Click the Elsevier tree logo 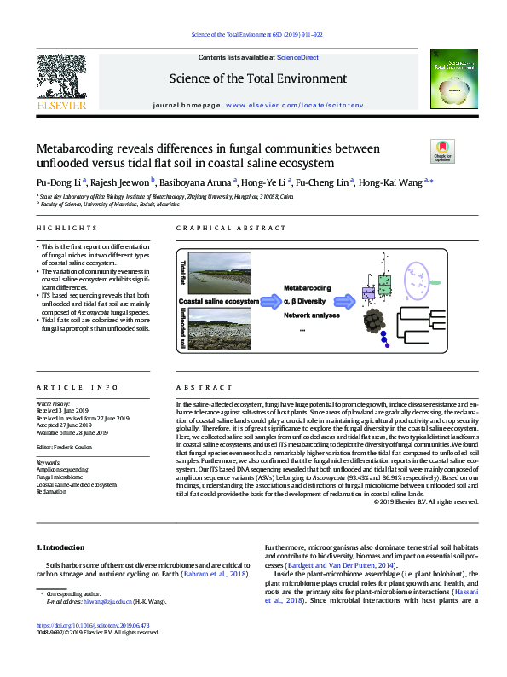[x=62, y=80]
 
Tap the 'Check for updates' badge [x=444, y=151]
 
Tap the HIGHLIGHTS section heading [x=66, y=228]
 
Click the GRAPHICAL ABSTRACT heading [x=232, y=228]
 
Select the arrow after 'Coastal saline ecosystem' [x=270, y=301]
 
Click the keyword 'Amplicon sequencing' [x=60, y=470]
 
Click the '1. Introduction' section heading [x=63, y=545]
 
